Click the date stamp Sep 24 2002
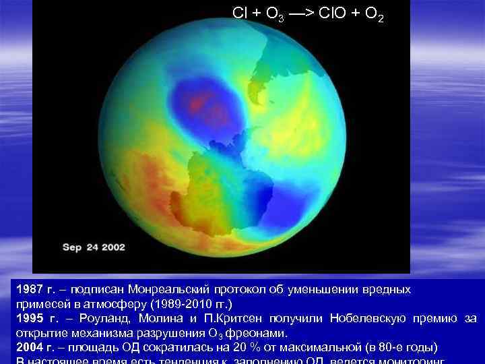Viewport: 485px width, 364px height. [x=94, y=247]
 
